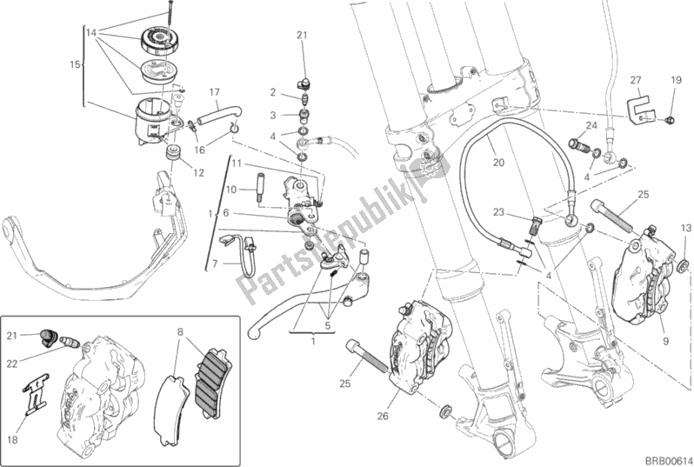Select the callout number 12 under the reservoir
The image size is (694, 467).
coord(200,172)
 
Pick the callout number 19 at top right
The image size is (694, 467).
coord(676,80)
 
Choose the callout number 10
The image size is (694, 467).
coord(231,189)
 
